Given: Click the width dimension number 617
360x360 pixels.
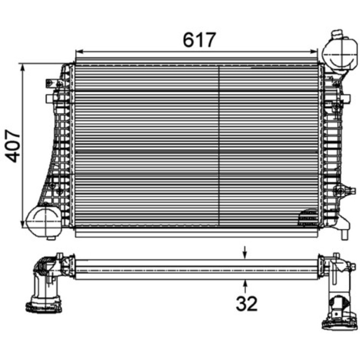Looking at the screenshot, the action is pos(199,40).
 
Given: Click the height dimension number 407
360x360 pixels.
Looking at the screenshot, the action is pos(13,146).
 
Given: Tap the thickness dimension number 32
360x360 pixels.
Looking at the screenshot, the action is pos(247,303).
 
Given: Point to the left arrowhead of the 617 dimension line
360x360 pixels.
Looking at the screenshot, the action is pos(79,51).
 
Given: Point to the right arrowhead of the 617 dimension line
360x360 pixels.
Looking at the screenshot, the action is pos(314,51).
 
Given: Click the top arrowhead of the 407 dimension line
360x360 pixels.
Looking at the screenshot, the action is pos(22,67).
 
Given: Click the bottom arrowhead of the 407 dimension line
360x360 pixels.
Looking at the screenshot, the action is pos(22,223).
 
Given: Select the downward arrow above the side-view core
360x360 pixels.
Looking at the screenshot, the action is pos(245,253).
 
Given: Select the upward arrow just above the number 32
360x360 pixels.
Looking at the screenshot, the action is pos(245,286).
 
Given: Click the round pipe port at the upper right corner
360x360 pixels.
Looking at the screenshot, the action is pos(340,54).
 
